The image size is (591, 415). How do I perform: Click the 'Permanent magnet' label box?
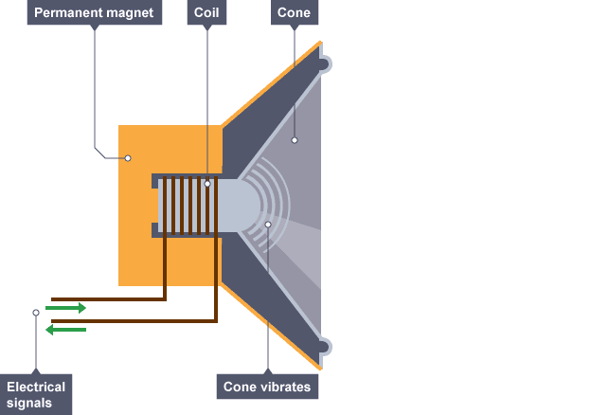click(x=95, y=12)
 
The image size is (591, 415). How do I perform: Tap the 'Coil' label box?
click(x=207, y=12)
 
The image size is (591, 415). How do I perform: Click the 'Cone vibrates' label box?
click(x=267, y=387)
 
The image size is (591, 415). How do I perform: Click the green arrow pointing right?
click(x=66, y=308)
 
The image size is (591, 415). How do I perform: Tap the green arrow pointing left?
click(x=66, y=329)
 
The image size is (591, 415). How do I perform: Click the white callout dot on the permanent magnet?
click(x=128, y=157)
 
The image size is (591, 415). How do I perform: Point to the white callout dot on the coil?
click(x=207, y=183)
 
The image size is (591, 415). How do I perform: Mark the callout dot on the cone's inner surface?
click(x=295, y=140)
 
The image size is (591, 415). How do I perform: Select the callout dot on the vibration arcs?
click(x=268, y=225)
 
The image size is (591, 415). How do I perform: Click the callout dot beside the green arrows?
click(x=36, y=312)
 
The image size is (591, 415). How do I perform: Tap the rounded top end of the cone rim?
click(x=324, y=64)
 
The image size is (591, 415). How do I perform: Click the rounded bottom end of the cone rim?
click(x=324, y=347)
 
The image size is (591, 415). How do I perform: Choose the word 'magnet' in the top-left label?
click(x=129, y=12)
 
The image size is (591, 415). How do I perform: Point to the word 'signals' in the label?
click(x=35, y=403)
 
